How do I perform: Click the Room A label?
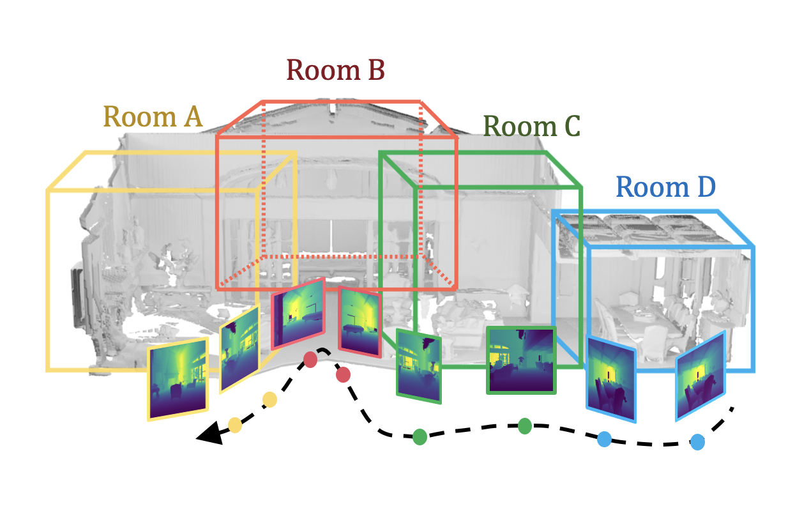tap(153, 118)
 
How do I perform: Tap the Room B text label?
tap(335, 70)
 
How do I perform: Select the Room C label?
tap(531, 126)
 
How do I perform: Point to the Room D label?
tap(665, 188)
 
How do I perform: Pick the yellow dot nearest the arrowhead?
tap(235, 424)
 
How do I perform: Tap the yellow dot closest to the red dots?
tap(269, 400)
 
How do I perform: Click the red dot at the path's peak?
tap(310, 360)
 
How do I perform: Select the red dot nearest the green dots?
tap(343, 374)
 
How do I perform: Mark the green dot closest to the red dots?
tap(420, 437)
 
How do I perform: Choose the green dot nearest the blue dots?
tap(525, 425)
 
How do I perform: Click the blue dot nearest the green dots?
tap(604, 439)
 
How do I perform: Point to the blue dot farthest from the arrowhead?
tap(698, 441)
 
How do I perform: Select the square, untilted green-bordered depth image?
tap(521, 360)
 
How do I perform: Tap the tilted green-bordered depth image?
tap(419, 366)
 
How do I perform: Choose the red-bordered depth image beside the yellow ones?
tap(298, 313)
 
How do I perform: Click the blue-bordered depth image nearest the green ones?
tap(611, 379)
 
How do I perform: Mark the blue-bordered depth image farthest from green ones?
tap(701, 376)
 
